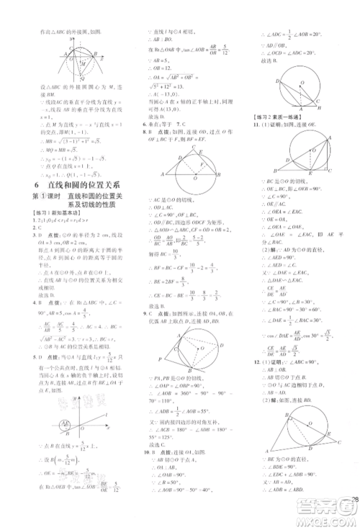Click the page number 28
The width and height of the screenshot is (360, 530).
tap(353, 501)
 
